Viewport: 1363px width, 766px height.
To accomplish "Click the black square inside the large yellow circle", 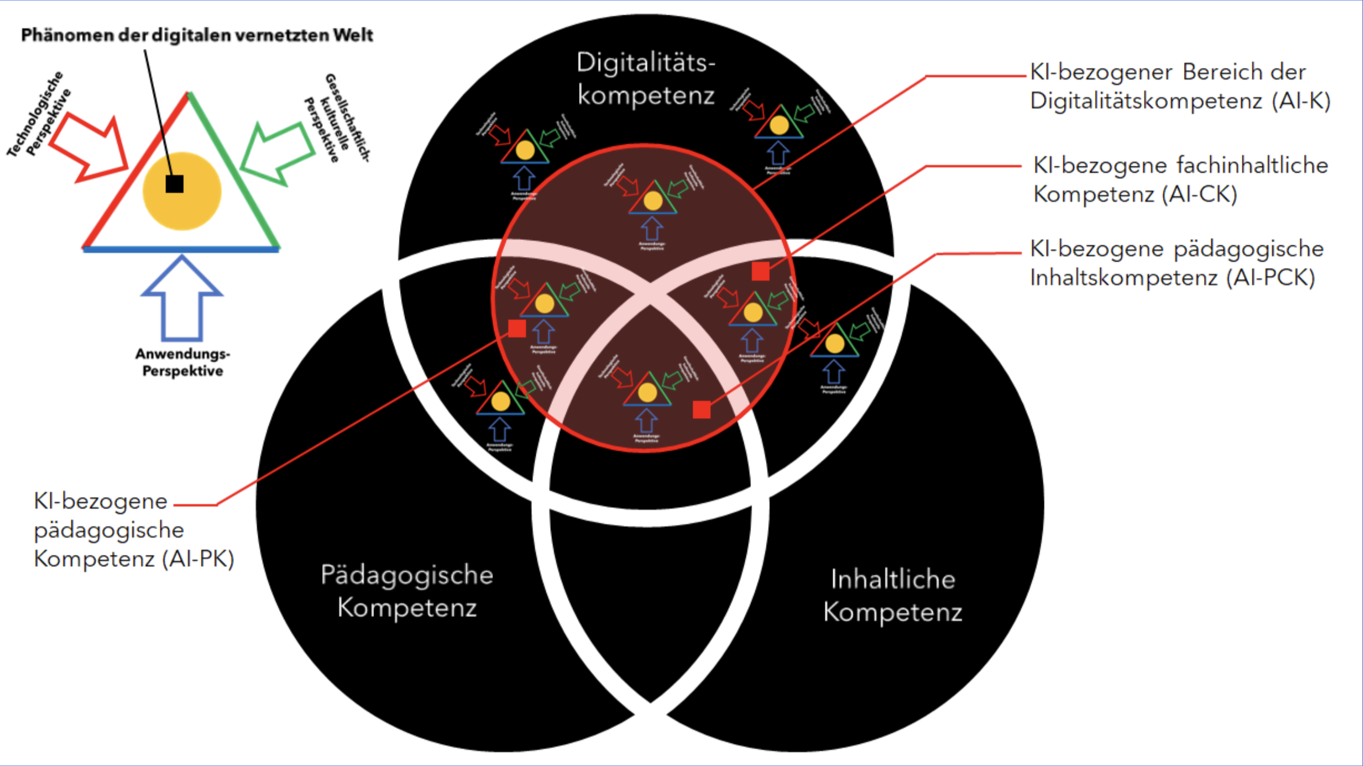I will [174, 183].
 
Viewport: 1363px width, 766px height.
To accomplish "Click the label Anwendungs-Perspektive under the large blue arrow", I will [182, 362].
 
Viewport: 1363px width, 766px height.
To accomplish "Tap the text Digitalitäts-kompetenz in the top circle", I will [645, 79].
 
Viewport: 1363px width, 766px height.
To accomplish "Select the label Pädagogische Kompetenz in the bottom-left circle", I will [407, 591].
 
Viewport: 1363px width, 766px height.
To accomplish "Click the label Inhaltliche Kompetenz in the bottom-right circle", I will [893, 595].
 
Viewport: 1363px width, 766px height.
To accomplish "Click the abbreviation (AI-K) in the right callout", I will [1301, 101].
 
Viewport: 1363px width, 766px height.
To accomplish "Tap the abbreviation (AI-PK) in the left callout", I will [198, 558].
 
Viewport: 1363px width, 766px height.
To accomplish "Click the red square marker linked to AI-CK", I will [760, 271].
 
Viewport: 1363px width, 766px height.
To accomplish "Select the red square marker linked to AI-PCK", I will [702, 409].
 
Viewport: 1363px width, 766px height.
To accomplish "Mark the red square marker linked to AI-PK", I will [517, 328].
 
